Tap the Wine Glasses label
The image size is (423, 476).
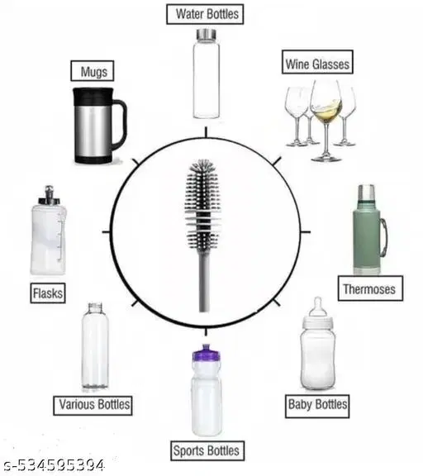(317, 64)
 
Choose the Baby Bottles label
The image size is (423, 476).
(317, 405)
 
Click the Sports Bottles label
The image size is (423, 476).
(207, 450)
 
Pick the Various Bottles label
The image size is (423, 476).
(93, 405)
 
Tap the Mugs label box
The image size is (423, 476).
(93, 72)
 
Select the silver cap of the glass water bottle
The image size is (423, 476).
(205, 36)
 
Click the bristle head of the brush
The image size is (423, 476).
(203, 194)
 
